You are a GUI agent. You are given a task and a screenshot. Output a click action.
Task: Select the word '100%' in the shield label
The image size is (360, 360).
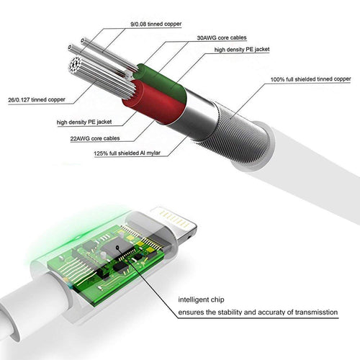pos(278,79)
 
